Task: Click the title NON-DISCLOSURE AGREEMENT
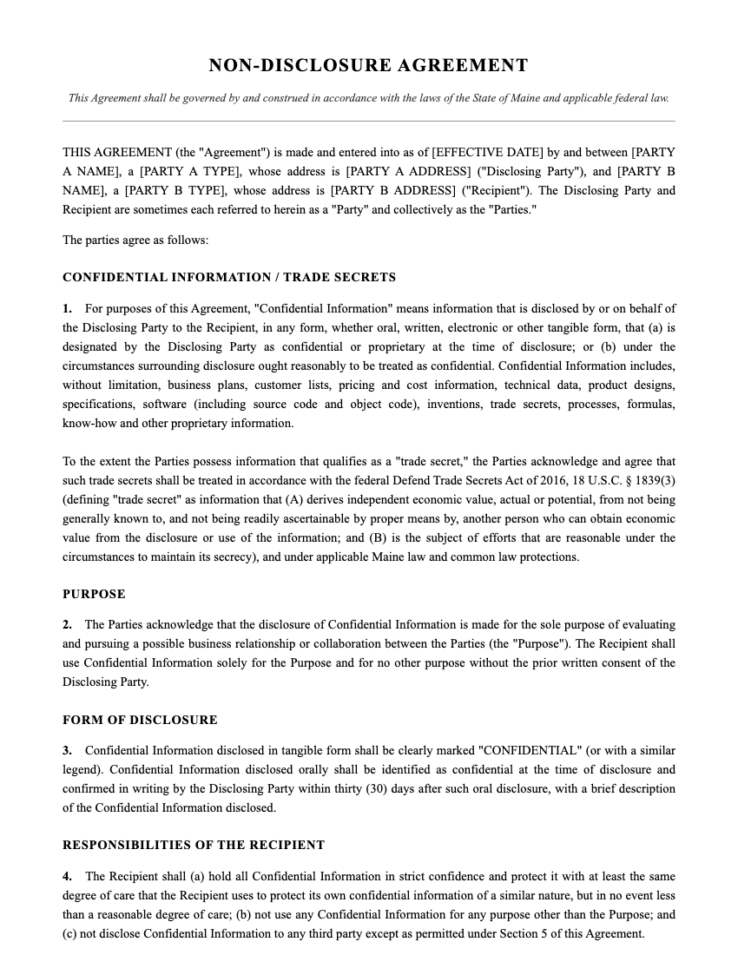368,65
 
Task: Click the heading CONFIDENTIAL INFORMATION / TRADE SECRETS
229,278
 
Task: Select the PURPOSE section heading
94,595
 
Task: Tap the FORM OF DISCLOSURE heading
140,720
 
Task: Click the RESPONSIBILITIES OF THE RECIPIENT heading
194,845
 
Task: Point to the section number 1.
67,308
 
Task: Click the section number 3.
67,750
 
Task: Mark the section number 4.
67,876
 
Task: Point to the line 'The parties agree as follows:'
135,240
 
